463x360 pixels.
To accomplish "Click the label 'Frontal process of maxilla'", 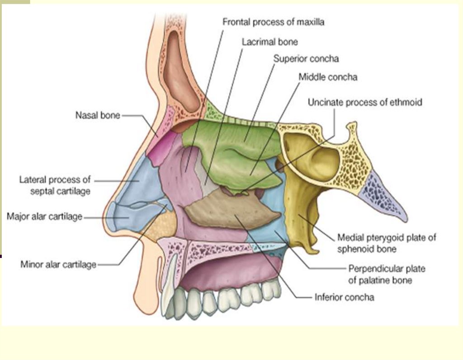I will (x=274, y=22).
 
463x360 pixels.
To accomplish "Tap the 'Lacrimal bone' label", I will (x=269, y=42).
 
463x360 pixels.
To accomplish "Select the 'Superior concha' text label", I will (x=306, y=59).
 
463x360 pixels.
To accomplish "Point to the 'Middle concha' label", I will (x=328, y=77).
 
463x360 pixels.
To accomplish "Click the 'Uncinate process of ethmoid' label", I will (x=364, y=103).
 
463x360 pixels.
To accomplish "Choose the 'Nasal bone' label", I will (x=98, y=115).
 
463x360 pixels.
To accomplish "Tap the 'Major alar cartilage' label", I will (x=44, y=216).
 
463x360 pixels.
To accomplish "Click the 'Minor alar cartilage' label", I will (x=58, y=264).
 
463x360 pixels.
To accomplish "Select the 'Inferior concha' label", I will (x=344, y=297).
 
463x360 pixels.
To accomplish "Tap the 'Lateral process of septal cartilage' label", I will (x=55, y=185).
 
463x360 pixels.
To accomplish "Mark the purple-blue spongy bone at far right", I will (x=380, y=194).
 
